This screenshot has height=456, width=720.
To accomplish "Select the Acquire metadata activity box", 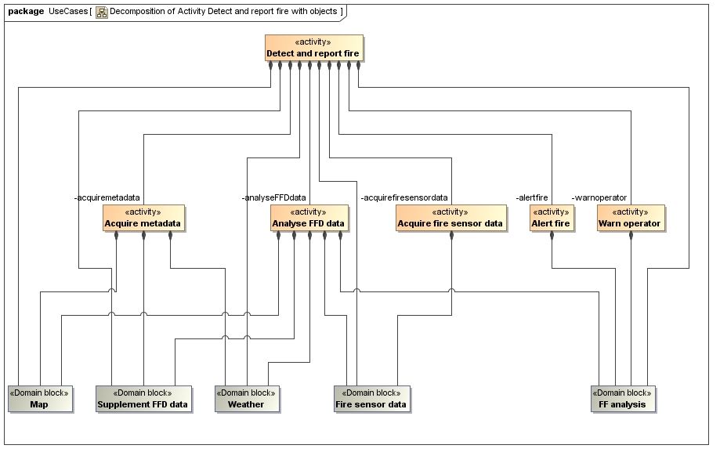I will [143, 219].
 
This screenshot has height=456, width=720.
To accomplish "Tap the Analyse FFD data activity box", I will [309, 219].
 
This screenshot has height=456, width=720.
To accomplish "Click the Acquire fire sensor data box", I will [450, 219].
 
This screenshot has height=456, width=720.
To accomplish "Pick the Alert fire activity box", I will [552, 219].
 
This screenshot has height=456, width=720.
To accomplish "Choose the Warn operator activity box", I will [630, 219].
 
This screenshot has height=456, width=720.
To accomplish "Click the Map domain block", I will [39, 399].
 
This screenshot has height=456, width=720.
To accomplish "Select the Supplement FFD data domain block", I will [143, 399].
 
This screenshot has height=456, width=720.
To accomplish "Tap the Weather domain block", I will [246, 399].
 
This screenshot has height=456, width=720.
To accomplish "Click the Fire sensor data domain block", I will [371, 399].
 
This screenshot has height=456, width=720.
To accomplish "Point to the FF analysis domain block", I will [624, 399].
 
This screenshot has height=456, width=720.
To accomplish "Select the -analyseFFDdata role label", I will [274, 197].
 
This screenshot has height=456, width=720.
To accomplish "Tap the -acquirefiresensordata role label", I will [404, 197].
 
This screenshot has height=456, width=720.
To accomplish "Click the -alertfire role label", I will [532, 197].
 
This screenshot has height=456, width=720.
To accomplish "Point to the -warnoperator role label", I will [599, 197].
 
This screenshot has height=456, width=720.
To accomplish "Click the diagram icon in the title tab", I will [101, 12].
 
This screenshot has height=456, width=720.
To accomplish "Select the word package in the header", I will [25, 12].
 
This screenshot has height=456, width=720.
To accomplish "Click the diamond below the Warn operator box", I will [631, 235].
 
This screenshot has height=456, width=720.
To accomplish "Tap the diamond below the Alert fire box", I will [552, 235].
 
